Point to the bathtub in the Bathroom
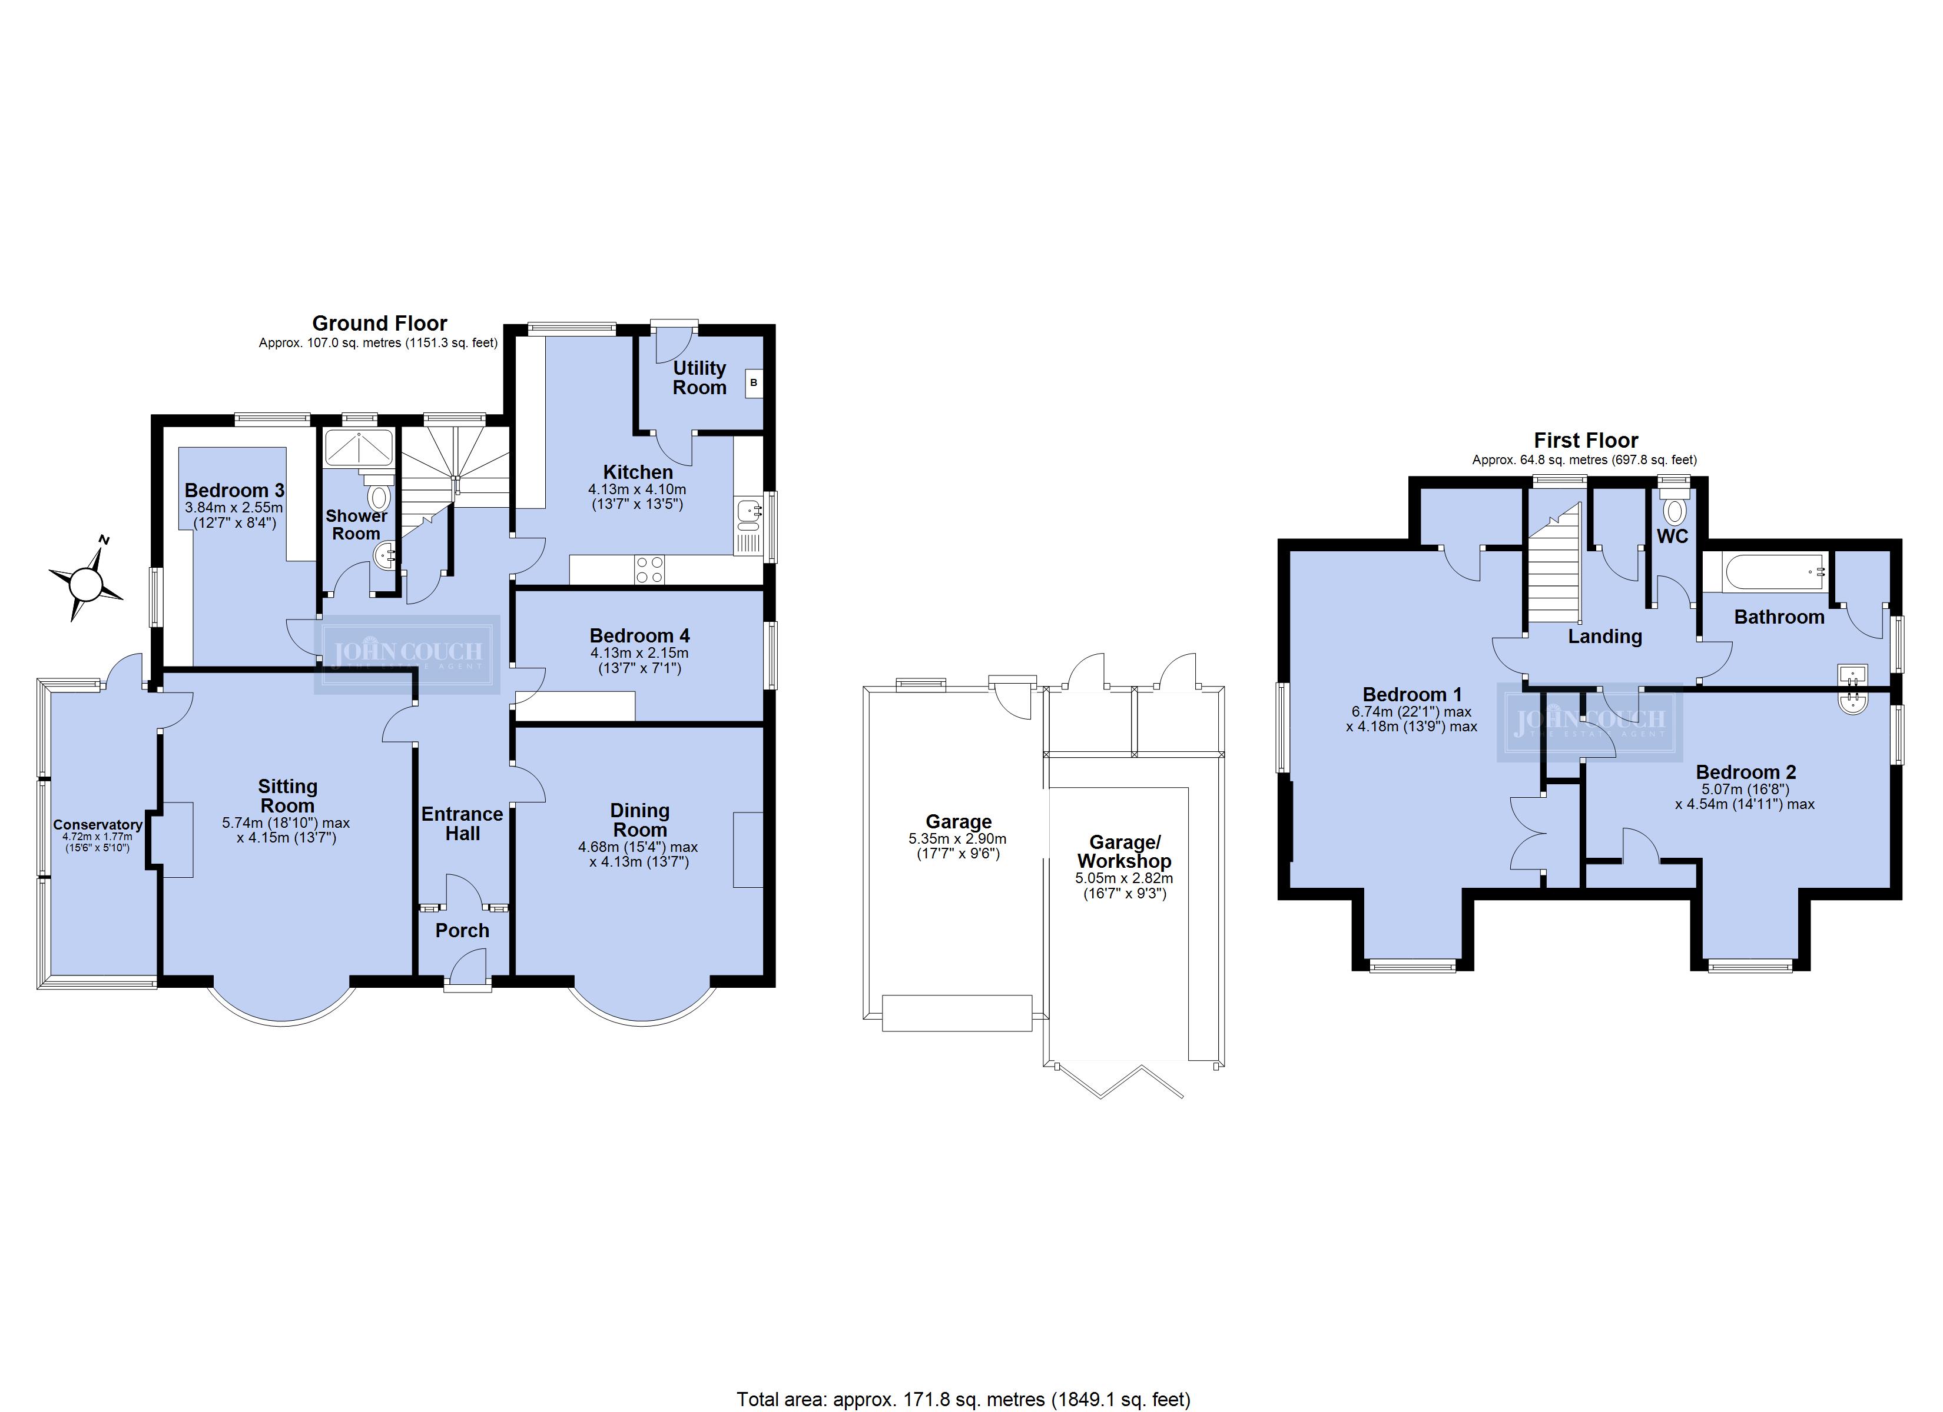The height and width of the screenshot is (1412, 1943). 1764,572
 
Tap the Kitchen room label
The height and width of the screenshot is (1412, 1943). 638,472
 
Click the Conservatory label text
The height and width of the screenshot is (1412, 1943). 98,825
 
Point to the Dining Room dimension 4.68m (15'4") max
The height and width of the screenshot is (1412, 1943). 638,847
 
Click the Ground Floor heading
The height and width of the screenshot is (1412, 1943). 380,323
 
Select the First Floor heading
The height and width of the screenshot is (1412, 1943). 1586,440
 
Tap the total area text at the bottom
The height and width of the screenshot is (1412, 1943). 964,1399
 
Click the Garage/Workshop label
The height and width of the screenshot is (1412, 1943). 1124,851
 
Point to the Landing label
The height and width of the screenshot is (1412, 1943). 1604,636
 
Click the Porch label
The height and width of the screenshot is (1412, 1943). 463,931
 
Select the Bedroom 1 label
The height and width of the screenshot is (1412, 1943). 1412,694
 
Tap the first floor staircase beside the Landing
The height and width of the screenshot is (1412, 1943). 1555,564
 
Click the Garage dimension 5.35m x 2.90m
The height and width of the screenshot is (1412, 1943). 958,839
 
